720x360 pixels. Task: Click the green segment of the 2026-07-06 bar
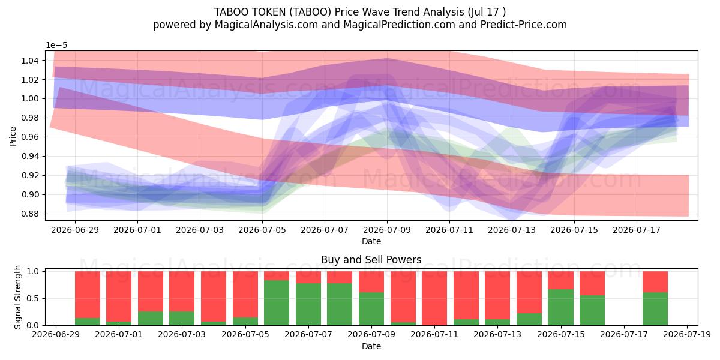[x=277, y=303]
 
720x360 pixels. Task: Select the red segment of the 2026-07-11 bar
[x=434, y=298]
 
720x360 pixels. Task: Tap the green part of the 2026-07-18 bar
[x=655, y=308]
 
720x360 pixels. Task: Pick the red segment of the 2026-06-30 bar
[x=88, y=295]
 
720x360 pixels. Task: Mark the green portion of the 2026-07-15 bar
[x=561, y=307]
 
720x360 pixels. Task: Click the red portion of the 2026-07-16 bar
[x=592, y=283]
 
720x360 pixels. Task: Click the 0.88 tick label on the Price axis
[x=30, y=214]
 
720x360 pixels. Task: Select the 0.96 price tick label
[x=30, y=137]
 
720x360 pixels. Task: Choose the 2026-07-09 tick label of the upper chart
[x=387, y=230]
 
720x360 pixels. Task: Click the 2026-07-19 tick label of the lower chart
[x=687, y=334]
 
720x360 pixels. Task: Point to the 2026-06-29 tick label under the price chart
[x=75, y=230]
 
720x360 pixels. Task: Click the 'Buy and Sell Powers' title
[x=371, y=260]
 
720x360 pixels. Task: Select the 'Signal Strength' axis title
[x=17, y=298]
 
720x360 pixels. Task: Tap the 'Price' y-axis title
[x=13, y=136]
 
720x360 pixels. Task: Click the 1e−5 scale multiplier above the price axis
[x=56, y=46]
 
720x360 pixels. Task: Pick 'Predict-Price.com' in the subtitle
[x=524, y=25]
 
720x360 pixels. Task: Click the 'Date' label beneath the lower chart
[x=371, y=347]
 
